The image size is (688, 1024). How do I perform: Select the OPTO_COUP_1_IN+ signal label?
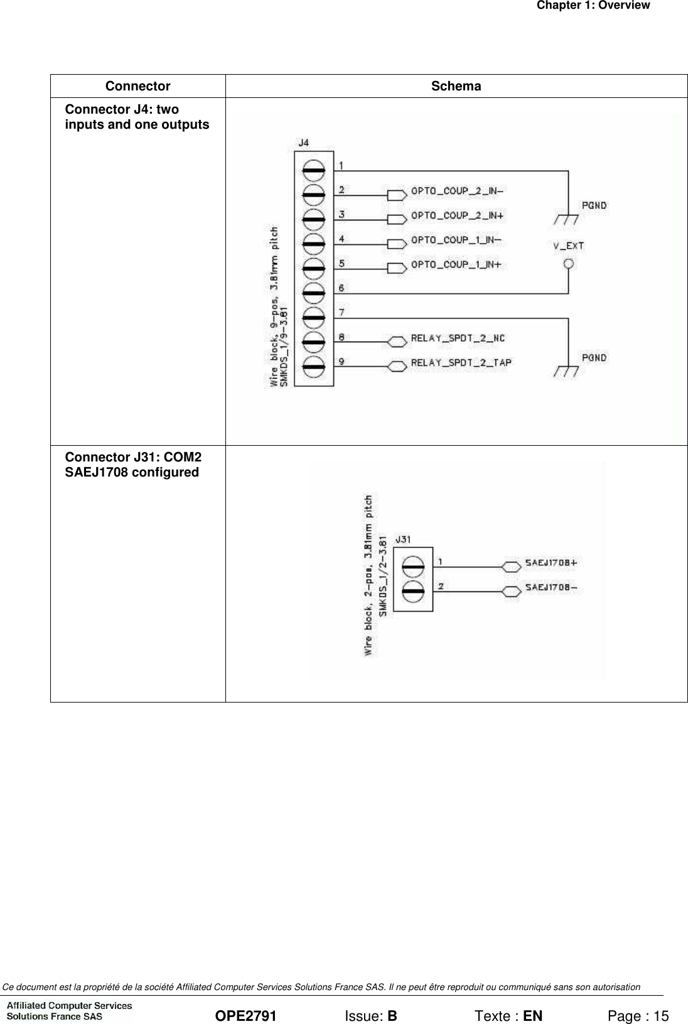(x=456, y=264)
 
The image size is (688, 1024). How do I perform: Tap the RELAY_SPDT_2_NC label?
(x=458, y=338)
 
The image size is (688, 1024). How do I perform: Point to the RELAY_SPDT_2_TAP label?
(x=461, y=362)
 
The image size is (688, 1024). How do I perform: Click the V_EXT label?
(x=569, y=246)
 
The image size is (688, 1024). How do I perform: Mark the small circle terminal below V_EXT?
(x=569, y=264)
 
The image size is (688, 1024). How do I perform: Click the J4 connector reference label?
(x=303, y=143)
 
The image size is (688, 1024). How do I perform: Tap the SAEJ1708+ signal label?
(x=551, y=563)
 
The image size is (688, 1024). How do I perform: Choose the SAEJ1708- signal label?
(x=551, y=587)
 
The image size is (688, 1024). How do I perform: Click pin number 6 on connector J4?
(x=341, y=288)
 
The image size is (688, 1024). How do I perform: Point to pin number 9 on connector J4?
(x=341, y=362)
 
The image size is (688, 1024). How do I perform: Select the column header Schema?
(x=456, y=87)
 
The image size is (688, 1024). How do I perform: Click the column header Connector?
(x=137, y=87)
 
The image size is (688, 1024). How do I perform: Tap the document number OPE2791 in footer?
(x=245, y=999)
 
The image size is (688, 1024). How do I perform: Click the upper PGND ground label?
(x=594, y=205)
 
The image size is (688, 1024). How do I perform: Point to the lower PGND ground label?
(x=594, y=357)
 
